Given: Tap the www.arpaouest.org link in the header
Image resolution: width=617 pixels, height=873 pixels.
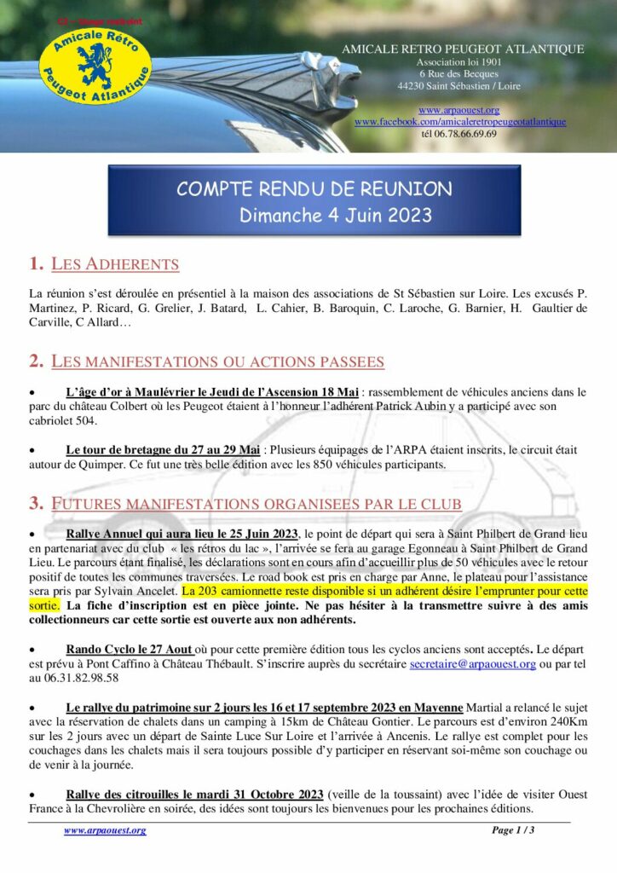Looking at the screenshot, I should coord(458,111).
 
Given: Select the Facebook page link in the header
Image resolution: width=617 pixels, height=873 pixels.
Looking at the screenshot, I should coord(459,122).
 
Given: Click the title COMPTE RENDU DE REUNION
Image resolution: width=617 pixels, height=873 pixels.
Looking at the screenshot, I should coord(314,188).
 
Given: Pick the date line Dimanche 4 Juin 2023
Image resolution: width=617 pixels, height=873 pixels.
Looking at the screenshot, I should coord(336,214).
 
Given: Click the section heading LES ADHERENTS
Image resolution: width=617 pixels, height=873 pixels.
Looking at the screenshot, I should coord(115,264).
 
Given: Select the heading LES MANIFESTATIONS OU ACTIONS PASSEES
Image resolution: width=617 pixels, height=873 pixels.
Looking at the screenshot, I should coord(217,361).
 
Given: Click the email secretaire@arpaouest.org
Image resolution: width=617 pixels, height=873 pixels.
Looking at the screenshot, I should coord(472,663).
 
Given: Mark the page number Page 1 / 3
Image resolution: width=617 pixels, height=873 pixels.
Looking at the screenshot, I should coord(513,830).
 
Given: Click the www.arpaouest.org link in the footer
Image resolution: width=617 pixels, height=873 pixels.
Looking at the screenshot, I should coord(105,830).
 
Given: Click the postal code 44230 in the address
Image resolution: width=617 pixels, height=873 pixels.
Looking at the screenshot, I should coord(412,86).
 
